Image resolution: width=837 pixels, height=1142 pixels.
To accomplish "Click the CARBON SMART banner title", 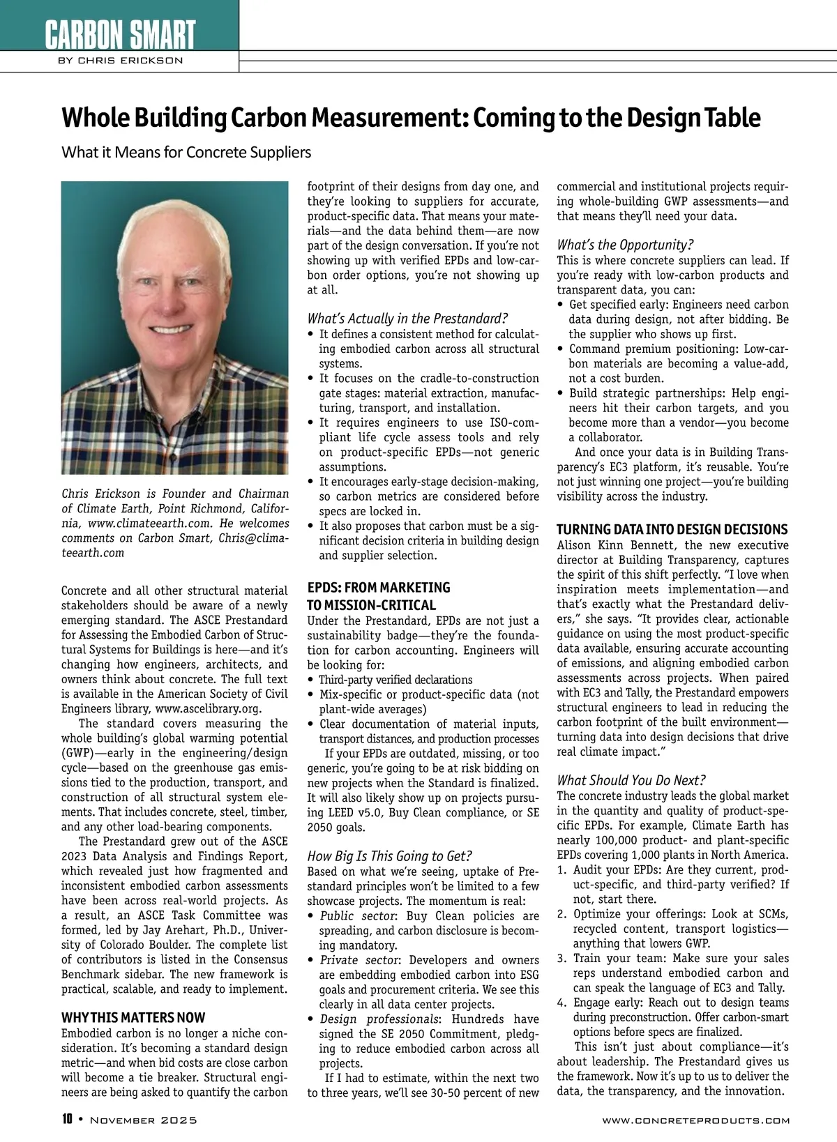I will [120, 33].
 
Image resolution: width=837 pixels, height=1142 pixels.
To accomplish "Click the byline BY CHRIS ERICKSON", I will [120, 61].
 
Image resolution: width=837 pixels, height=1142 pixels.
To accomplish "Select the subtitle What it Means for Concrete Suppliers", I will [186, 152].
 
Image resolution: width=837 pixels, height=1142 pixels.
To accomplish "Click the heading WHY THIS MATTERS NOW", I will [133, 1017].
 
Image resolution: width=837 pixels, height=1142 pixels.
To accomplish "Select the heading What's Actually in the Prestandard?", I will [407, 319].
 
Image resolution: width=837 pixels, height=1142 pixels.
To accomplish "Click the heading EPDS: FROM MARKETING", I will [379, 588].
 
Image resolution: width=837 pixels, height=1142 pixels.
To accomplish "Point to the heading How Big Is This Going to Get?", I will [390, 855].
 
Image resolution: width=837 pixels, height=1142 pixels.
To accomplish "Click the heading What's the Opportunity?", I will [625, 245].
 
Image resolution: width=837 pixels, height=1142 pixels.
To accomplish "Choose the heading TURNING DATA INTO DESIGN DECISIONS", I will [672, 529].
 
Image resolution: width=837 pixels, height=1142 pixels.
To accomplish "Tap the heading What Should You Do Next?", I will [631, 780].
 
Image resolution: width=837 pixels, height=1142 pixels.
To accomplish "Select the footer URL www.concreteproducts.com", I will [695, 1120].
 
